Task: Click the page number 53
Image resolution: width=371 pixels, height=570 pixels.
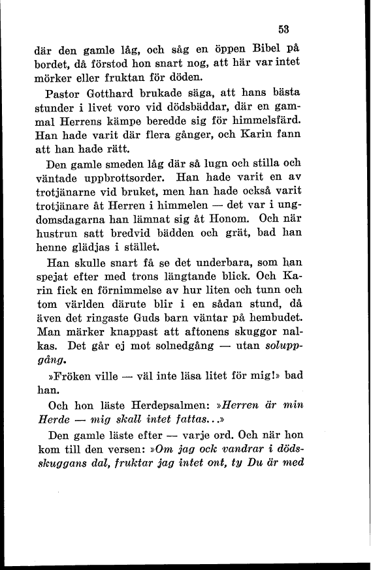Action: coord(283,29)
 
